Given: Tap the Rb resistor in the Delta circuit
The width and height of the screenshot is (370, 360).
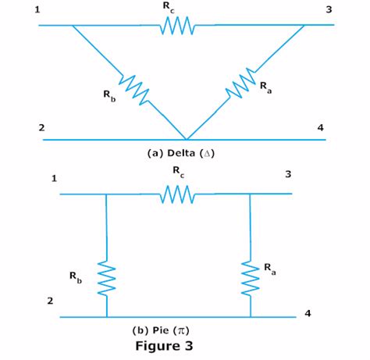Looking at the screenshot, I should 134,87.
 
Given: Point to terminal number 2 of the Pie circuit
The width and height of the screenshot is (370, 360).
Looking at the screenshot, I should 50,300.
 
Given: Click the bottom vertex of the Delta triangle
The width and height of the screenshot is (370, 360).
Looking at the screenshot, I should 185,138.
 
